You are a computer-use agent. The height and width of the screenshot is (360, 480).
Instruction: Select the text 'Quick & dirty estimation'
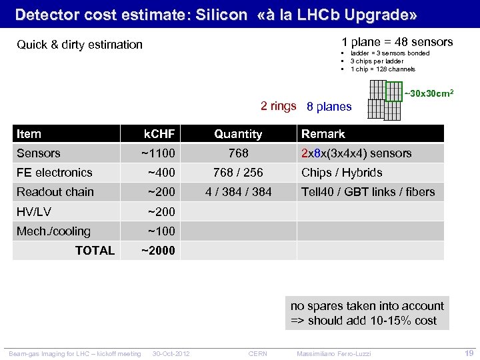pos(79,45)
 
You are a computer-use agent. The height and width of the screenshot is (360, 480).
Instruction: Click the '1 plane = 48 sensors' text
pos(397,41)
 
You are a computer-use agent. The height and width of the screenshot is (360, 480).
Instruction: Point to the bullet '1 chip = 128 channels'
pos(383,69)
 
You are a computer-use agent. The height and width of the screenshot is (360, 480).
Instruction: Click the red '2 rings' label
pos(278,106)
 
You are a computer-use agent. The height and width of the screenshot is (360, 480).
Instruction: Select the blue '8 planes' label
pos(329,107)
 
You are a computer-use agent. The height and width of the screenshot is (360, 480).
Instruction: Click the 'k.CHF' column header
pos(159,134)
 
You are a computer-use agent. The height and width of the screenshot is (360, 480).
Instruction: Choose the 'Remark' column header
pos(323,134)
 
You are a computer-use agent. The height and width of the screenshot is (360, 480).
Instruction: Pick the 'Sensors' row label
pos(39,153)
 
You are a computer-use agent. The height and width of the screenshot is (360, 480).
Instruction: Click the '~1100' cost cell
pos(158,153)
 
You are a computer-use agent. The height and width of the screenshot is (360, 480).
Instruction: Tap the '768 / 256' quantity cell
pos(238,173)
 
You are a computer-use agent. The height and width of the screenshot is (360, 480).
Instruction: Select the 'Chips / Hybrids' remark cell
pos(342,173)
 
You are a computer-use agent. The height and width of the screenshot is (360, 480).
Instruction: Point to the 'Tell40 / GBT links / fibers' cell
pos(368,192)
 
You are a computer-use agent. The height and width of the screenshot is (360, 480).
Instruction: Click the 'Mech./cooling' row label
pos(53,231)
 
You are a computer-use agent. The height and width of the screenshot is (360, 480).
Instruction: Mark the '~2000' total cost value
pos(158,251)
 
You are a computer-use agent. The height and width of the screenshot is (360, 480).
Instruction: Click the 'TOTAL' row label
pos(95,251)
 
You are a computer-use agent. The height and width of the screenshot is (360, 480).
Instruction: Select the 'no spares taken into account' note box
pos(367,313)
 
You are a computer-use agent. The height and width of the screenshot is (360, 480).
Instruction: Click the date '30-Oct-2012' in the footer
pos(171,353)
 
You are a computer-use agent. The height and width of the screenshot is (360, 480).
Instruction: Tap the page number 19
pos(468,353)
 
